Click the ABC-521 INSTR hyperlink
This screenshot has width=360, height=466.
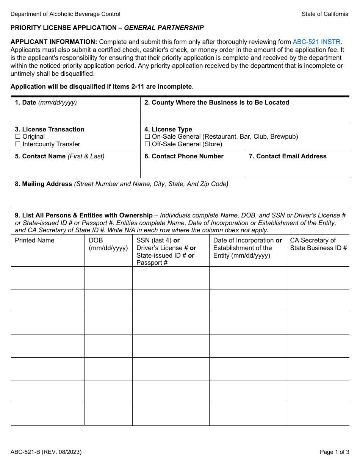click(x=316, y=42)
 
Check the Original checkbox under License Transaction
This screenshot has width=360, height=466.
click(x=17, y=137)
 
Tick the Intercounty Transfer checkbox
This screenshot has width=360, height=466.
click(x=17, y=144)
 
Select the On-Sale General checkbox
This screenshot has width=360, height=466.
click(x=147, y=137)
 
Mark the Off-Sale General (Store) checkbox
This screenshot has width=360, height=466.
click(x=147, y=144)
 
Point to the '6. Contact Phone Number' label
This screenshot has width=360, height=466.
click(x=184, y=156)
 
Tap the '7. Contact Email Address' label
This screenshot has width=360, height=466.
click(x=288, y=156)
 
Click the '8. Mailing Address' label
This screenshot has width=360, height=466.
click(x=44, y=184)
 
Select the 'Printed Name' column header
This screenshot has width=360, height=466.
click(x=34, y=241)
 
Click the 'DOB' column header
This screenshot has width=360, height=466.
click(x=95, y=241)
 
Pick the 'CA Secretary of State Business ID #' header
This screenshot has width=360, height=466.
click(x=318, y=244)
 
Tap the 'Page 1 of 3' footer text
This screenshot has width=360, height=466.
click(x=334, y=452)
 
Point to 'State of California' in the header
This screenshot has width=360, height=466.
click(x=325, y=14)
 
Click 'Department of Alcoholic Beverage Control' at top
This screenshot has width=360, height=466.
click(x=65, y=14)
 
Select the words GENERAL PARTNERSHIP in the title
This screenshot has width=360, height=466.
click(x=164, y=28)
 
